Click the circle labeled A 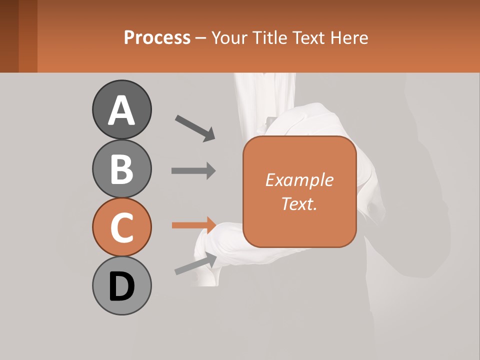pos(121,109)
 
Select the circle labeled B pos(121,168)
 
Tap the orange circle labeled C pos(121,227)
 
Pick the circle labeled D pos(121,285)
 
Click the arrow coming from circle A pos(195,128)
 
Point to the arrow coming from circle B pos(193,170)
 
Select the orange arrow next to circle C pos(193,225)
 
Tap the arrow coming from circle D pos(196,263)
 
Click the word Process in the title pos(157,38)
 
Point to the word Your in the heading pos(230,38)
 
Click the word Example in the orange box pos(299,180)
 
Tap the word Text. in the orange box pos(299,203)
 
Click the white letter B pos(121,169)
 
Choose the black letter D pos(121,286)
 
